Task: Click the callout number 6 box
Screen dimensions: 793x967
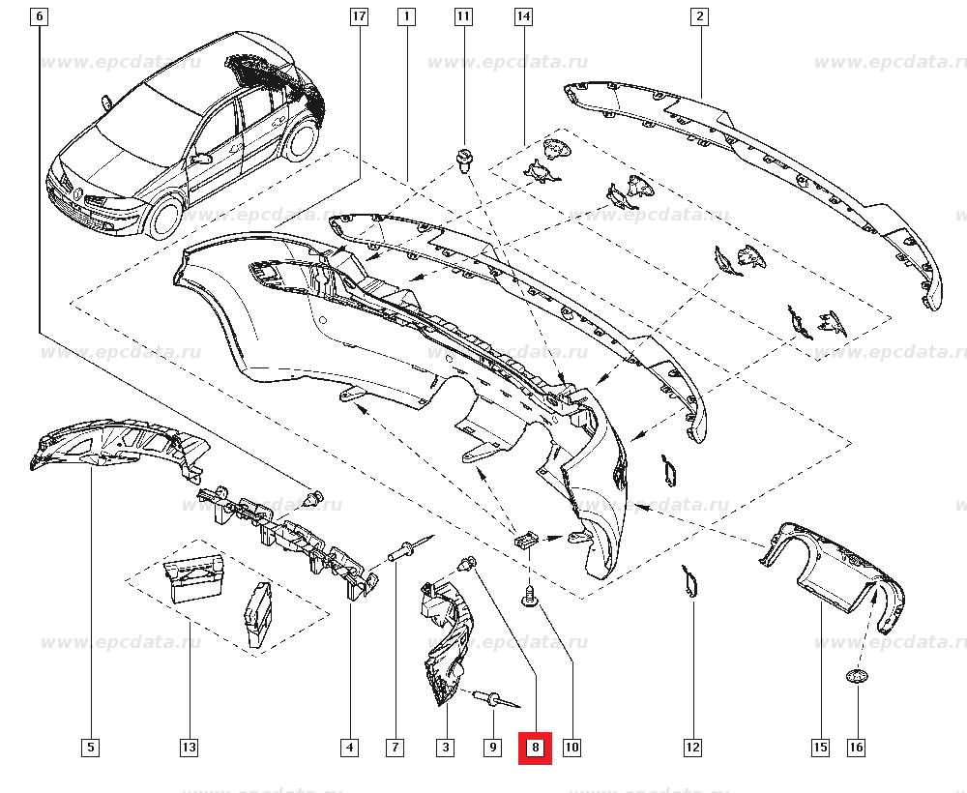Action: [x=39, y=16]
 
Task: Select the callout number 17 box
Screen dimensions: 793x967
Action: [x=360, y=16]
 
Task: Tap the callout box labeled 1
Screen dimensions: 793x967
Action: [x=406, y=16]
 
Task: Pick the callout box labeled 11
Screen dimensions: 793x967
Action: [x=463, y=16]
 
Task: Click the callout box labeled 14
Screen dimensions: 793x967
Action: [x=523, y=16]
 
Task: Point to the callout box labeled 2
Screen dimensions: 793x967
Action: [x=699, y=16]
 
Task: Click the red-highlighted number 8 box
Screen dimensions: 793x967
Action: [x=535, y=748]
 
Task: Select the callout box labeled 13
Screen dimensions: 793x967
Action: [x=189, y=748]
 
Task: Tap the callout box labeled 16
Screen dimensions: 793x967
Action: [x=857, y=748]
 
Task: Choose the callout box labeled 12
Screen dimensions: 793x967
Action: [x=692, y=748]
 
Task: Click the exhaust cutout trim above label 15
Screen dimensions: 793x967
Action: [x=834, y=578]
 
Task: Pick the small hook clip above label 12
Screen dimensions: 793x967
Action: [x=690, y=582]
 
